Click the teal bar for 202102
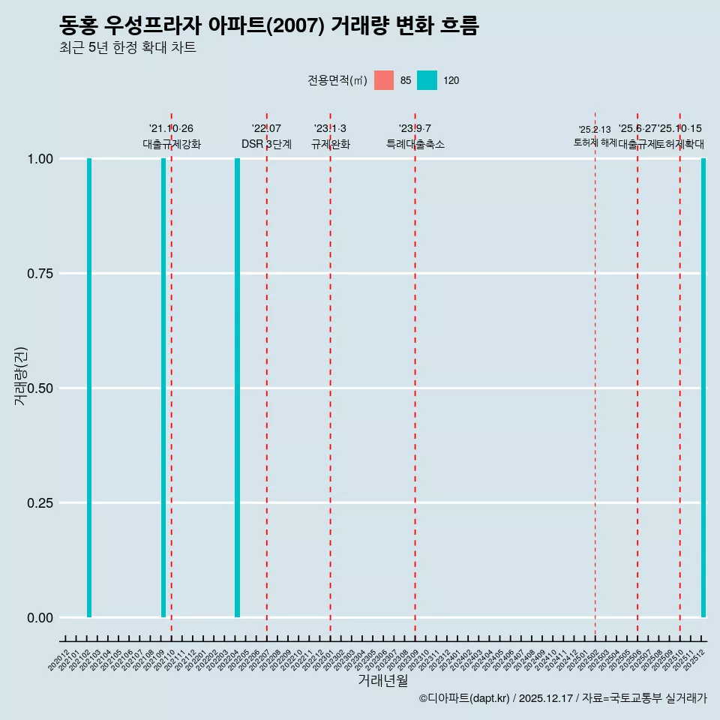pos(89,388)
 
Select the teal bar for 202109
pos(163,388)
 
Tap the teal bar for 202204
pos(237,388)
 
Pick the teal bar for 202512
pos(703,388)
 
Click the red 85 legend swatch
pos(384,80)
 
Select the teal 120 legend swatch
pos(427,80)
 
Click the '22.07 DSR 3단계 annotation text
pos(266,136)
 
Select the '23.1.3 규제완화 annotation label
pos(330,136)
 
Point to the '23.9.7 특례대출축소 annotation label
pos(415,136)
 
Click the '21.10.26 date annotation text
pos(171,129)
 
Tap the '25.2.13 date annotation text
pos(595,130)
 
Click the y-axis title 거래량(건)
pos(21,375)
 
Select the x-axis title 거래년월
pos(383,680)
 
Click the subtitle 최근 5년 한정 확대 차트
pos(127,48)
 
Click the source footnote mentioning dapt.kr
pos(562,698)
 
